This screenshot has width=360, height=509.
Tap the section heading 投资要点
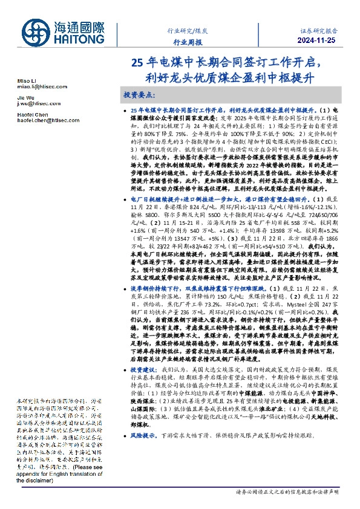139,96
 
